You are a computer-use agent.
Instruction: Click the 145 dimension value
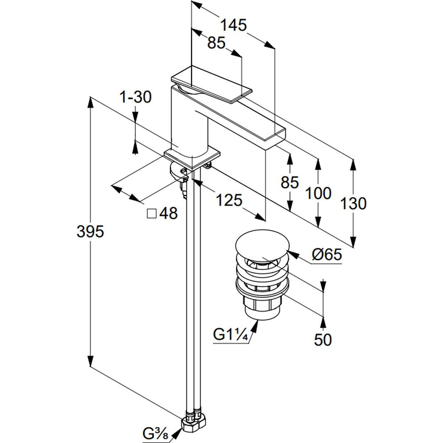tap(233, 25)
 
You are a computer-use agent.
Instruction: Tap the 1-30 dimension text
tap(135, 98)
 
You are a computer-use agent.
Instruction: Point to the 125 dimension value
tap(229, 200)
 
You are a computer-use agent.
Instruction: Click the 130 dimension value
tap(353, 203)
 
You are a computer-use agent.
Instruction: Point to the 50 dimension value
tap(323, 340)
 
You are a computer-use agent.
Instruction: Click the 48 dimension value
tap(168, 213)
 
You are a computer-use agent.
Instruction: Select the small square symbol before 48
tap(151, 213)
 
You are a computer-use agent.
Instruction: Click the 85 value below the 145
tap(216, 43)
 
